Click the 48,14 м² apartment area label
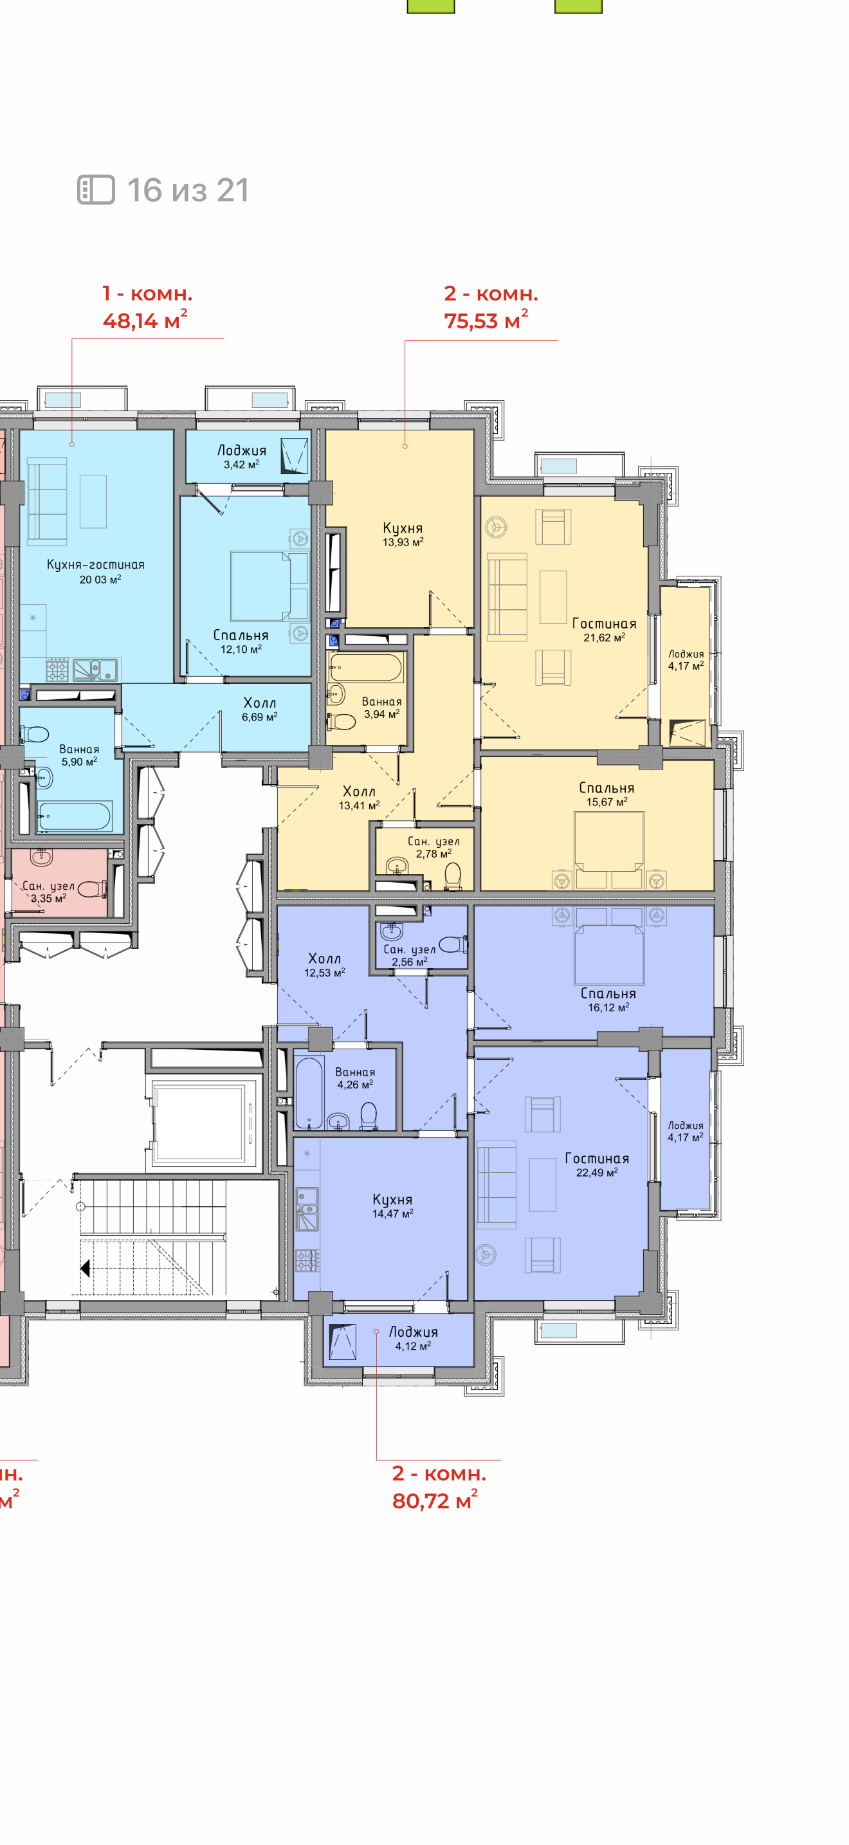click(145, 320)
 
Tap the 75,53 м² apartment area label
click(486, 320)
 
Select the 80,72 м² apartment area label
click(435, 1499)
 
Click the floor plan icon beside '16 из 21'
click(96, 190)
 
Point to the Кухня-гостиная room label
click(96, 564)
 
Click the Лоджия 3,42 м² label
click(242, 456)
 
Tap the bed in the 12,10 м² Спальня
click(269, 586)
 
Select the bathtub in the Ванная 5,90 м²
click(75, 815)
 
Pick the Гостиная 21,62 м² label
click(604, 630)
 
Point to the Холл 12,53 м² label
click(324, 965)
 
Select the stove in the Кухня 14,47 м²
click(307, 1259)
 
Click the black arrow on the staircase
click(85, 1269)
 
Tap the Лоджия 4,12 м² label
click(413, 1338)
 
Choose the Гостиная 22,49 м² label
click(597, 1164)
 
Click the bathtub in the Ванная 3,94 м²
click(366, 668)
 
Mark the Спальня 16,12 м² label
click(608, 1000)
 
